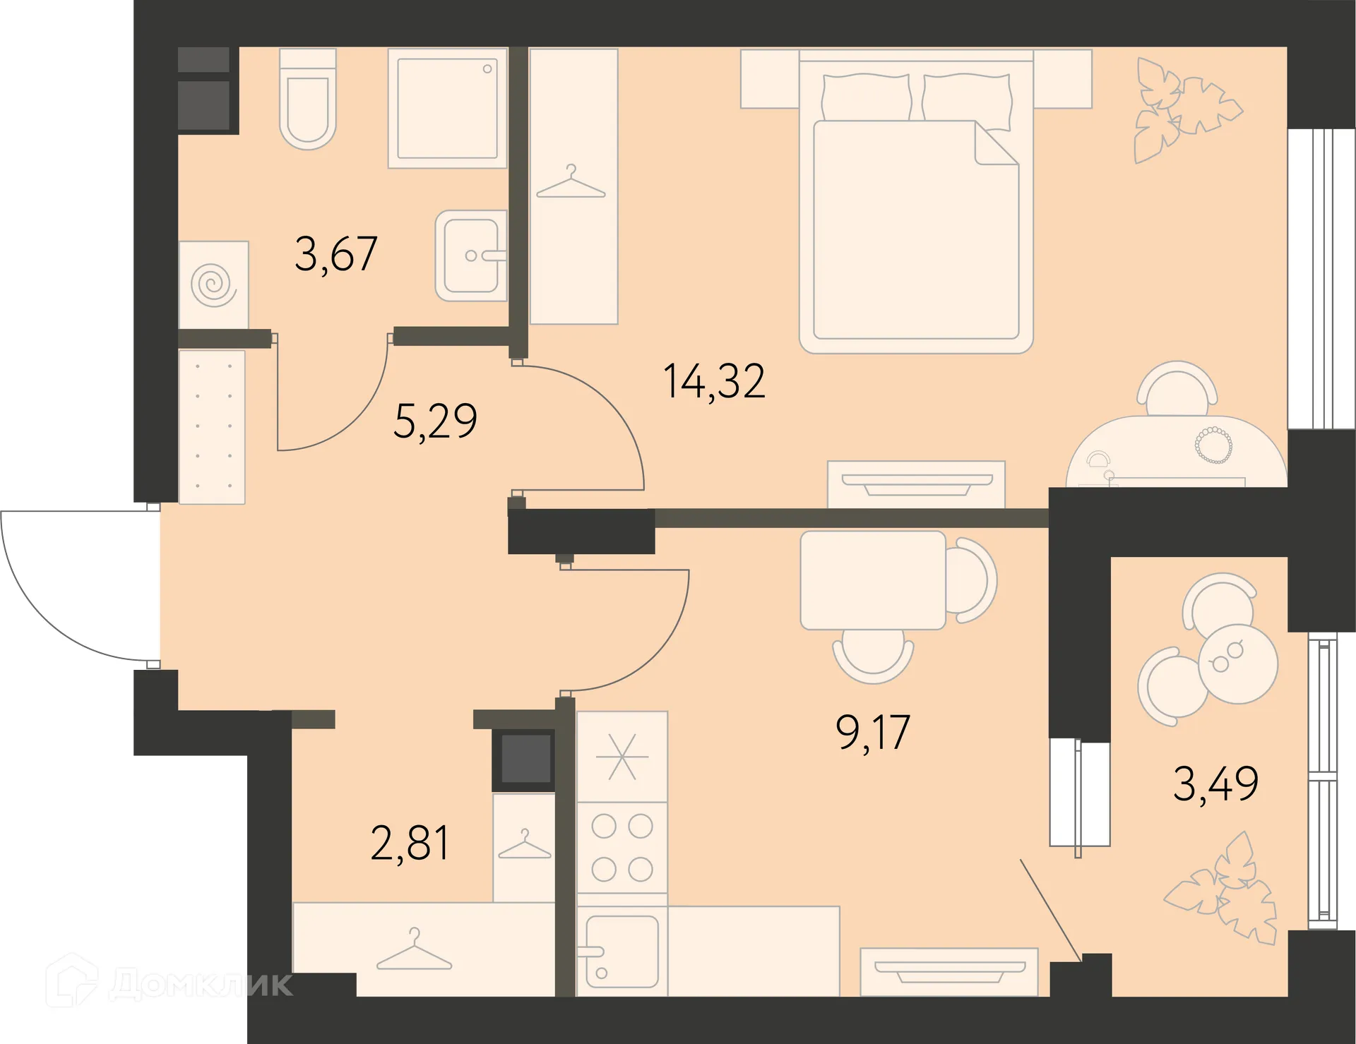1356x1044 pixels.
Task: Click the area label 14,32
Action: click(x=714, y=381)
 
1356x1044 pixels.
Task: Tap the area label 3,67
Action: click(x=336, y=253)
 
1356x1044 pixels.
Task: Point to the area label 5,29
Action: click(x=435, y=421)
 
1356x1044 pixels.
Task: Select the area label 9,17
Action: click(x=873, y=732)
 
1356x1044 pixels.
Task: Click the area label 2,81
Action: click(x=410, y=842)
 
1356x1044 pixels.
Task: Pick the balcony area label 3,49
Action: click(x=1215, y=784)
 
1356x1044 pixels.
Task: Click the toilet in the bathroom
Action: click(x=308, y=98)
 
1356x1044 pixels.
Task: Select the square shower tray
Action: click(x=448, y=108)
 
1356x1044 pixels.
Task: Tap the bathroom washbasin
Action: click(x=471, y=256)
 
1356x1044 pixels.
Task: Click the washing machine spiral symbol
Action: click(x=213, y=284)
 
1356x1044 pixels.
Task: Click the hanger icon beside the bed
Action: click(x=571, y=182)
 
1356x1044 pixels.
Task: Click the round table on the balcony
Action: click(x=1238, y=664)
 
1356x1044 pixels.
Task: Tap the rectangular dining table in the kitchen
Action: click(x=873, y=580)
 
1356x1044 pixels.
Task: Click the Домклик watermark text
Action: click(x=201, y=983)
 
